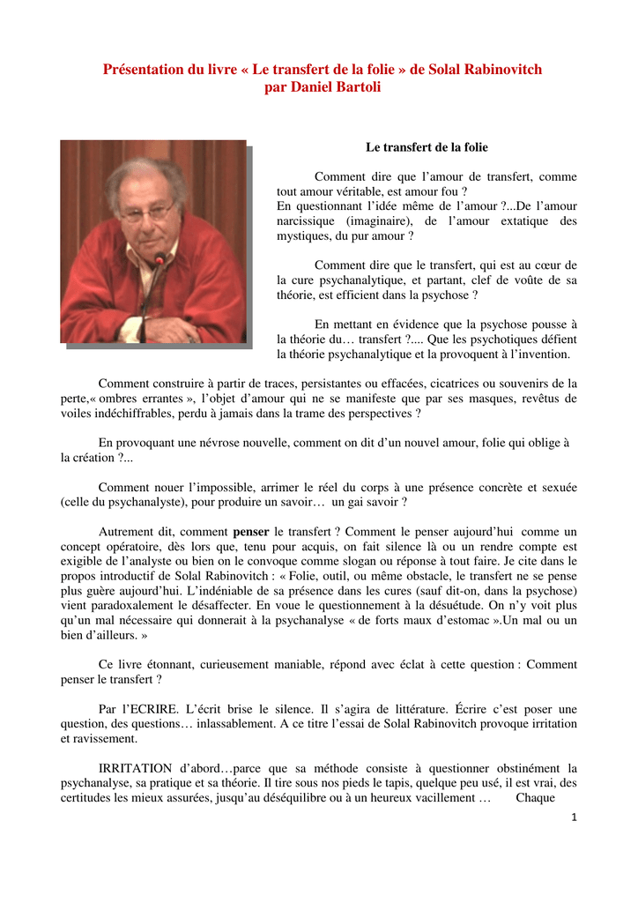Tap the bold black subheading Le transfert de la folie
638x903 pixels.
427,147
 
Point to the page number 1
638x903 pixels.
574,817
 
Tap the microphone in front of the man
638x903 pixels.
159,260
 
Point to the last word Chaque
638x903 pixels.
535,798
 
